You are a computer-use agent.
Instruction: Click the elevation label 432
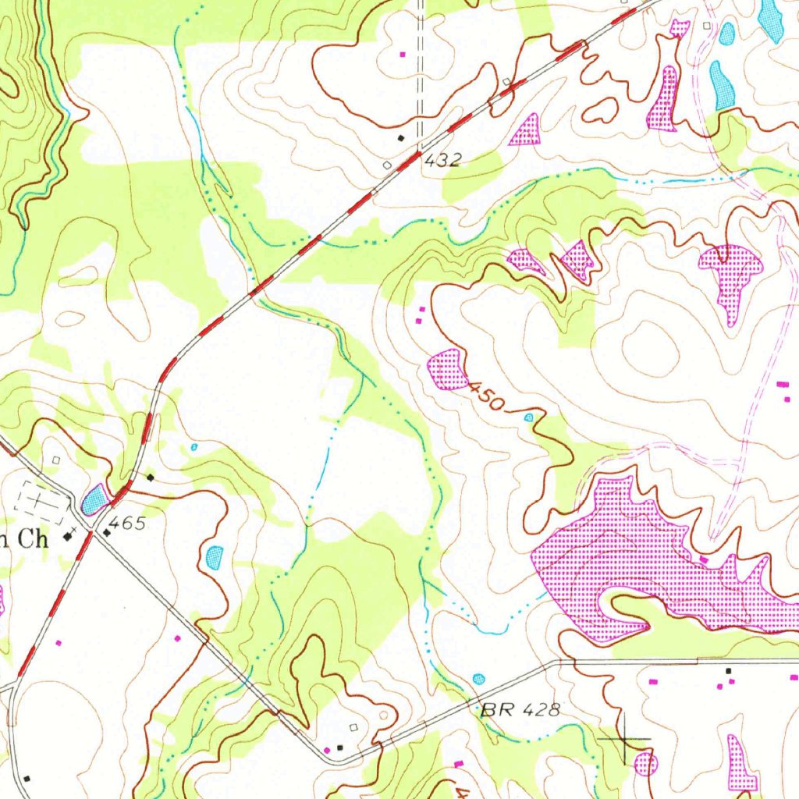[x=442, y=160]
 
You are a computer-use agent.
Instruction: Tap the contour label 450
[x=487, y=396]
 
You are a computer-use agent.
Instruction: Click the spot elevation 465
[x=127, y=524]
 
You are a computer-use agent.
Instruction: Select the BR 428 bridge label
[x=520, y=709]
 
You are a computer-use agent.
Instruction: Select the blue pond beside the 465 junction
[x=94, y=499]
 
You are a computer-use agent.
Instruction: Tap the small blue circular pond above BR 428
[x=478, y=679]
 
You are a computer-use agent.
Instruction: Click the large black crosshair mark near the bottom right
[x=624, y=738]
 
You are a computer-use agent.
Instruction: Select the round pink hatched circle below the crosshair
[x=645, y=763]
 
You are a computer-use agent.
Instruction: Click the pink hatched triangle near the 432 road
[x=527, y=131]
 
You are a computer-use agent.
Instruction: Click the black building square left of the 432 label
[x=402, y=138]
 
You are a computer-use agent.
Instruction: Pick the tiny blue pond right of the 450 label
[x=529, y=417]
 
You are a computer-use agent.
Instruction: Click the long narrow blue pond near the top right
[x=721, y=84]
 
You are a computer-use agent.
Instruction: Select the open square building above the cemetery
[x=55, y=461]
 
